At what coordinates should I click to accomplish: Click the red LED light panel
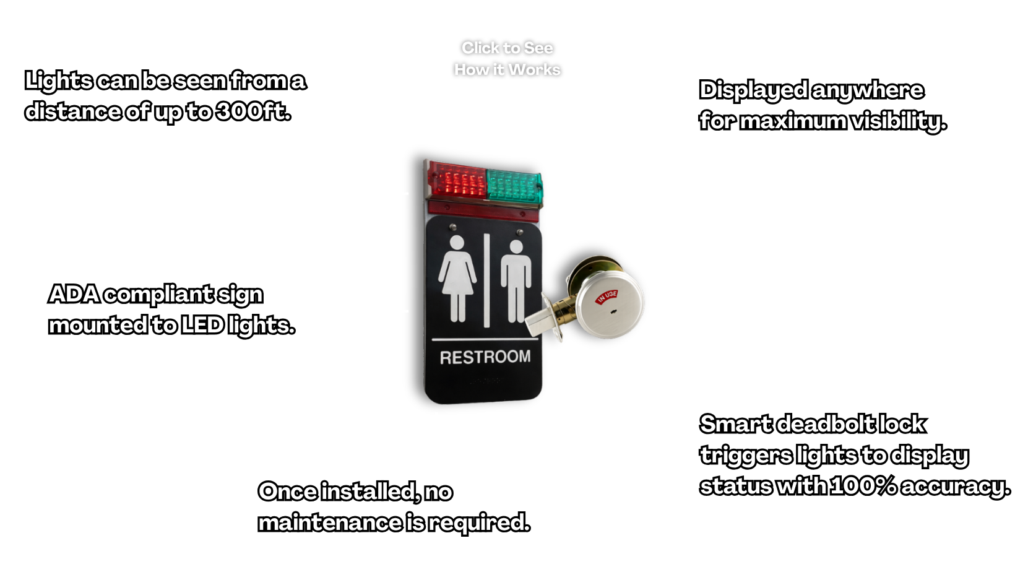[457, 181]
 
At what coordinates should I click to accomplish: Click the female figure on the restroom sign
[457, 279]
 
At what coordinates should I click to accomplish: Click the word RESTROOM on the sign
[485, 357]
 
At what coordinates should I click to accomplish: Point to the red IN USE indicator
[607, 297]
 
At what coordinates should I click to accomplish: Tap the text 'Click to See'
[507, 48]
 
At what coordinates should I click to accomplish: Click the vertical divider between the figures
[487, 280]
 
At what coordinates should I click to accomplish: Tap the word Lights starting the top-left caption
[58, 81]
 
